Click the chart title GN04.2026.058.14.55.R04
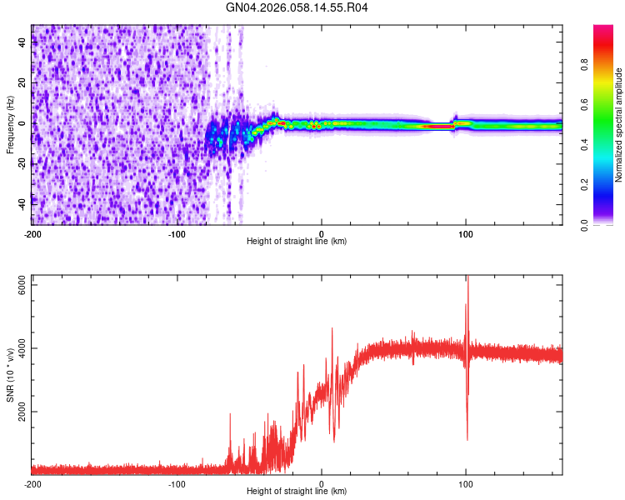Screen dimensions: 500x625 click(x=297, y=7)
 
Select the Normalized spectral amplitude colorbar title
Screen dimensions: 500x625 click(x=619, y=125)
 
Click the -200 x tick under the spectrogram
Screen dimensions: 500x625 click(x=32, y=233)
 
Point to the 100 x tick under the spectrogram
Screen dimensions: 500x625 click(x=467, y=233)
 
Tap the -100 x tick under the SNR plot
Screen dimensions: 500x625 click(x=177, y=483)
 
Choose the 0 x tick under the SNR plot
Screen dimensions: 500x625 click(x=322, y=483)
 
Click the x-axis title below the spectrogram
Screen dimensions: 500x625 click(x=297, y=242)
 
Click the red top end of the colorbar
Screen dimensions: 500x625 click(x=603, y=28)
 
